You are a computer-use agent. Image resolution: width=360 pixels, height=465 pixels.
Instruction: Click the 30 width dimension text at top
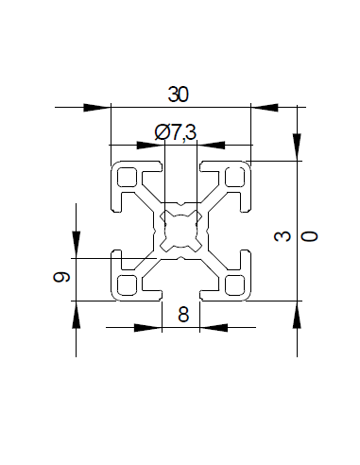[178, 94]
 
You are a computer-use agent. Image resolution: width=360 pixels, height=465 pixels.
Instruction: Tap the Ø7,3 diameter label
[176, 133]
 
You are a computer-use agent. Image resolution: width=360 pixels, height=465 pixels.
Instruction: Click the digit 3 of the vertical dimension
[281, 236]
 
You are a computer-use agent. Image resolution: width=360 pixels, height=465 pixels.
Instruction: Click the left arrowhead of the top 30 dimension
[96, 107]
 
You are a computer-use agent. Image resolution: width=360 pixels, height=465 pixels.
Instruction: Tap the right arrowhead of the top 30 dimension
[266, 107]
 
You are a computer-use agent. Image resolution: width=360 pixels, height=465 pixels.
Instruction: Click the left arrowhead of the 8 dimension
[147, 328]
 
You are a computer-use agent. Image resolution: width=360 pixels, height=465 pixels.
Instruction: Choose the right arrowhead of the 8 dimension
[215, 328]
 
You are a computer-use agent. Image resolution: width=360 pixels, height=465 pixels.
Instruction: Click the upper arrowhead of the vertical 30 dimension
[296, 146]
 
